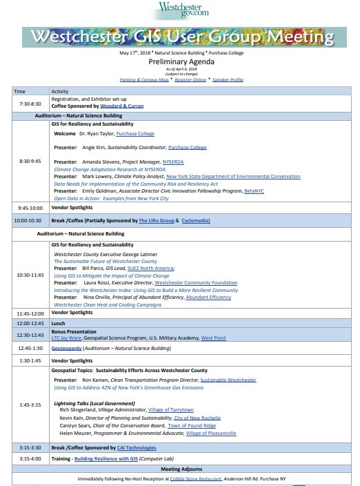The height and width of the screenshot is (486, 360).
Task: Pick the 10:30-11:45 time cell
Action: [30, 275]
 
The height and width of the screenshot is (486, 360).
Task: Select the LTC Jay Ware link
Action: [67, 338]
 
